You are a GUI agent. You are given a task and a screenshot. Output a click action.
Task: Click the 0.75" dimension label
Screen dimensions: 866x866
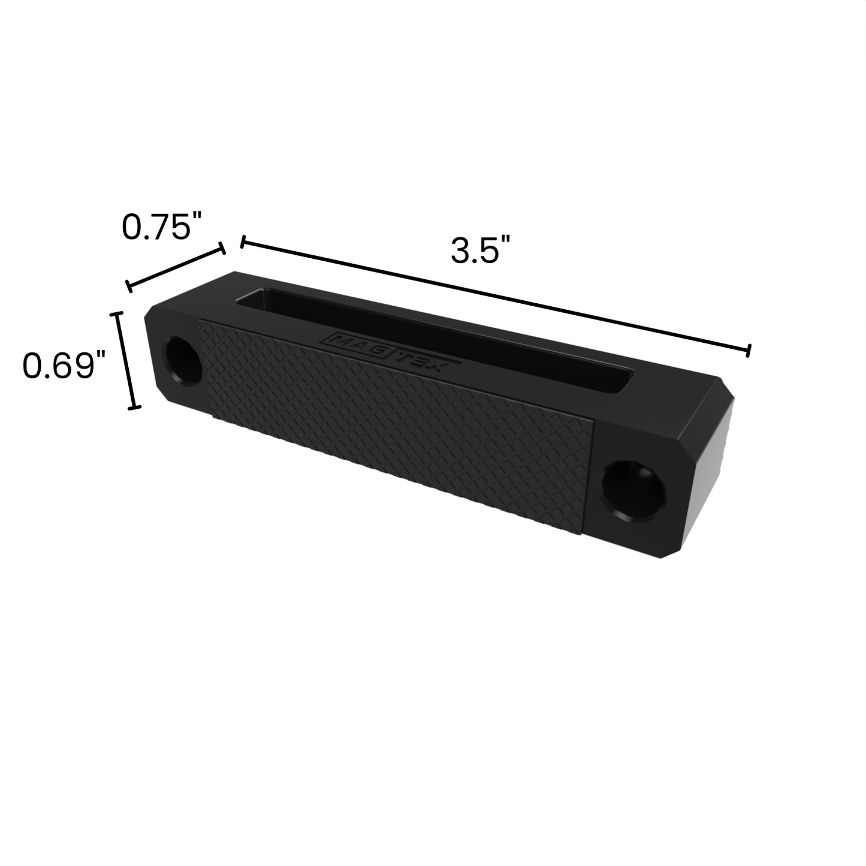(159, 227)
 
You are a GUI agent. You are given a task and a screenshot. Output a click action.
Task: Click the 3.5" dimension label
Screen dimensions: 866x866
(481, 251)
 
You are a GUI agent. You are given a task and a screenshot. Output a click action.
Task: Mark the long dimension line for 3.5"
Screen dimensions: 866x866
(494, 296)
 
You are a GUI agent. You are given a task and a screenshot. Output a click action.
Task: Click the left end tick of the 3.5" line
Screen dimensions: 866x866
(242, 242)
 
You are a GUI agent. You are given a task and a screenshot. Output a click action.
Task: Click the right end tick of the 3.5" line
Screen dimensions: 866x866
(748, 351)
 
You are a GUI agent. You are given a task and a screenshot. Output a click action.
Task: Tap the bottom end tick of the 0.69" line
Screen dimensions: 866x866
(134, 408)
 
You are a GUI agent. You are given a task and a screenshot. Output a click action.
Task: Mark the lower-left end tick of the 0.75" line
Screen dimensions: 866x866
(128, 286)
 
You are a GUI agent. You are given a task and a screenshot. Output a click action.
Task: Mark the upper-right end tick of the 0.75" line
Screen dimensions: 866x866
(223, 248)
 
